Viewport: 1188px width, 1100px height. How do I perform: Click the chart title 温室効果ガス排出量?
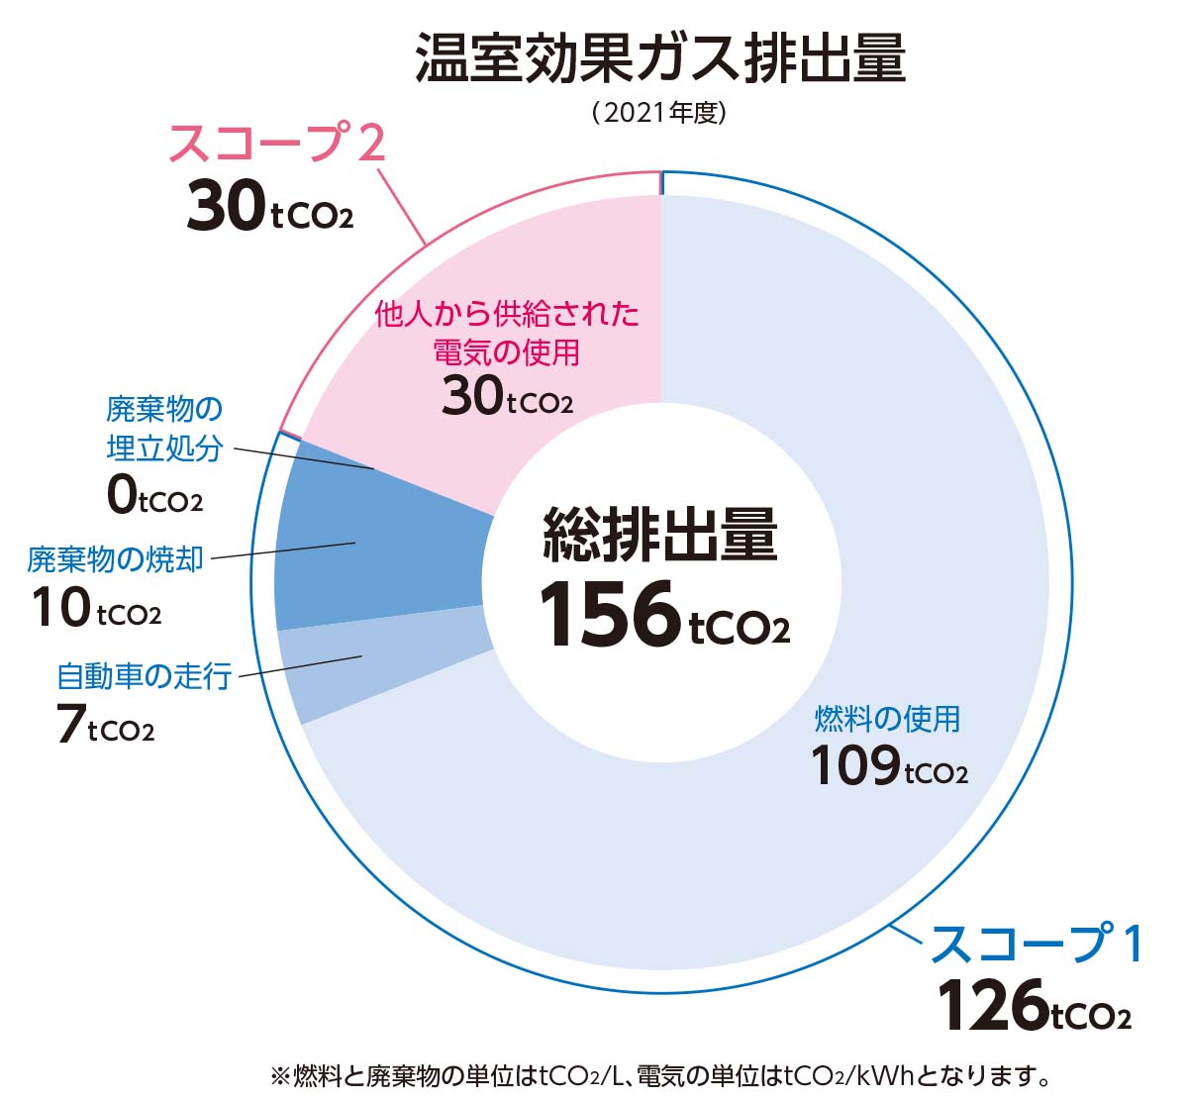coord(660,58)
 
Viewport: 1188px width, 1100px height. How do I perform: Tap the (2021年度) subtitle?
coord(660,112)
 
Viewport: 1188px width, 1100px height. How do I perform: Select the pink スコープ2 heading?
coord(276,145)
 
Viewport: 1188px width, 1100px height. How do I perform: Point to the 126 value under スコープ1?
coord(991,1006)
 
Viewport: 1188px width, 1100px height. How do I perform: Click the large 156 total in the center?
coord(610,616)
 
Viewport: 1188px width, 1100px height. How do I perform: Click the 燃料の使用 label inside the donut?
coord(887,719)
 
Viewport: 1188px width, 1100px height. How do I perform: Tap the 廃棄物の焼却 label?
coord(116,559)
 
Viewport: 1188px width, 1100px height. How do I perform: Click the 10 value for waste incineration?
coord(61,608)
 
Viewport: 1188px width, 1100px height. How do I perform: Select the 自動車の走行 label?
coord(145,676)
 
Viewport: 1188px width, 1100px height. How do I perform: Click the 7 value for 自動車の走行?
coord(69,725)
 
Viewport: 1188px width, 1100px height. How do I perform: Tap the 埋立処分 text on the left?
coord(164,448)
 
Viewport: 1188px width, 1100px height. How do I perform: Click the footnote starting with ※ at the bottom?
coord(660,1075)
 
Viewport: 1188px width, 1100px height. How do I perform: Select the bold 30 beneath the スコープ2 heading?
coord(227,208)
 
